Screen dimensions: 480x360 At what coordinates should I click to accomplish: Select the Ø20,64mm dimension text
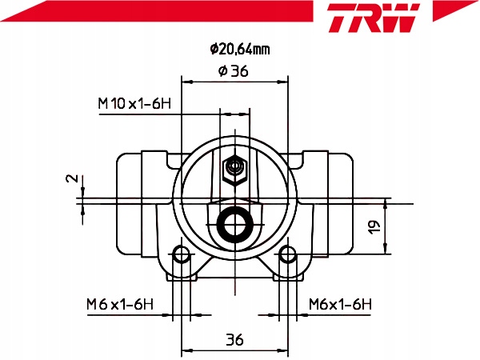click(x=240, y=50)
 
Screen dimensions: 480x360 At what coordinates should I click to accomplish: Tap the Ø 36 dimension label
click(x=233, y=71)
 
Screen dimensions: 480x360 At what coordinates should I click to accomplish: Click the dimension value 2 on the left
click(x=71, y=179)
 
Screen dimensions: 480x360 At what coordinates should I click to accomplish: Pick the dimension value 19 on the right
click(x=373, y=228)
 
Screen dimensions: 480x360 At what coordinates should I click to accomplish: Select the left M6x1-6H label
click(x=119, y=304)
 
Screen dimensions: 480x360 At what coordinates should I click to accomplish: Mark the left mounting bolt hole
click(x=183, y=256)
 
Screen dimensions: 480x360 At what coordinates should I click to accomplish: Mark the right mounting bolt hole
click(x=286, y=256)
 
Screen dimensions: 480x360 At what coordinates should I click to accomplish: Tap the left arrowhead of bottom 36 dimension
click(x=187, y=350)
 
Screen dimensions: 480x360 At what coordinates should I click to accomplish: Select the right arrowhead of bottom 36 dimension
click(x=282, y=350)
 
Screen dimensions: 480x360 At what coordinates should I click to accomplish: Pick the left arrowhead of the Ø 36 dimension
click(x=187, y=80)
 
